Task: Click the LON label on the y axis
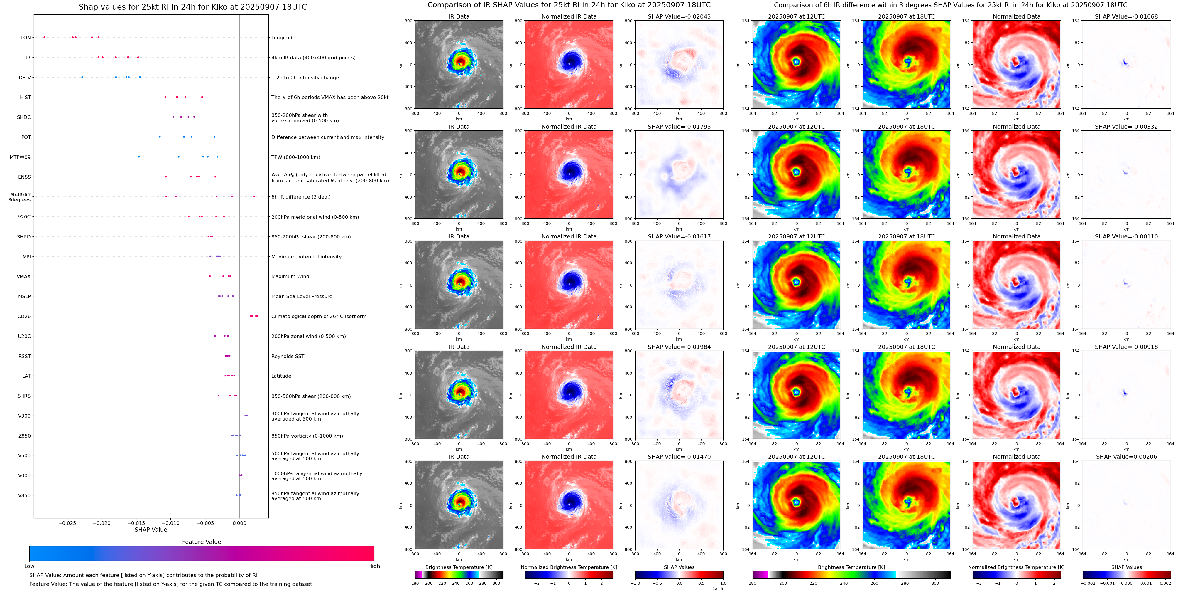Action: [x=26, y=38]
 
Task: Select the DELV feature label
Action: [x=25, y=77]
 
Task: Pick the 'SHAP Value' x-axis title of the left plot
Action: [x=151, y=530]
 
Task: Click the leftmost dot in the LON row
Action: [x=44, y=37]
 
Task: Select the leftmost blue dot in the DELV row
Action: [x=82, y=77]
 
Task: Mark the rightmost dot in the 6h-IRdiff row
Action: [x=254, y=196]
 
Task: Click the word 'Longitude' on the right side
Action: [x=283, y=38]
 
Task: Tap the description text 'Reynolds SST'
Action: [x=288, y=356]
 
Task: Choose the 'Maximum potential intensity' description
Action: [x=306, y=257]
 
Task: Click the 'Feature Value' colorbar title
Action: [x=201, y=542]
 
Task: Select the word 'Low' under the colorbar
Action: [x=29, y=566]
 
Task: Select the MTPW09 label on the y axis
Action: [x=20, y=157]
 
